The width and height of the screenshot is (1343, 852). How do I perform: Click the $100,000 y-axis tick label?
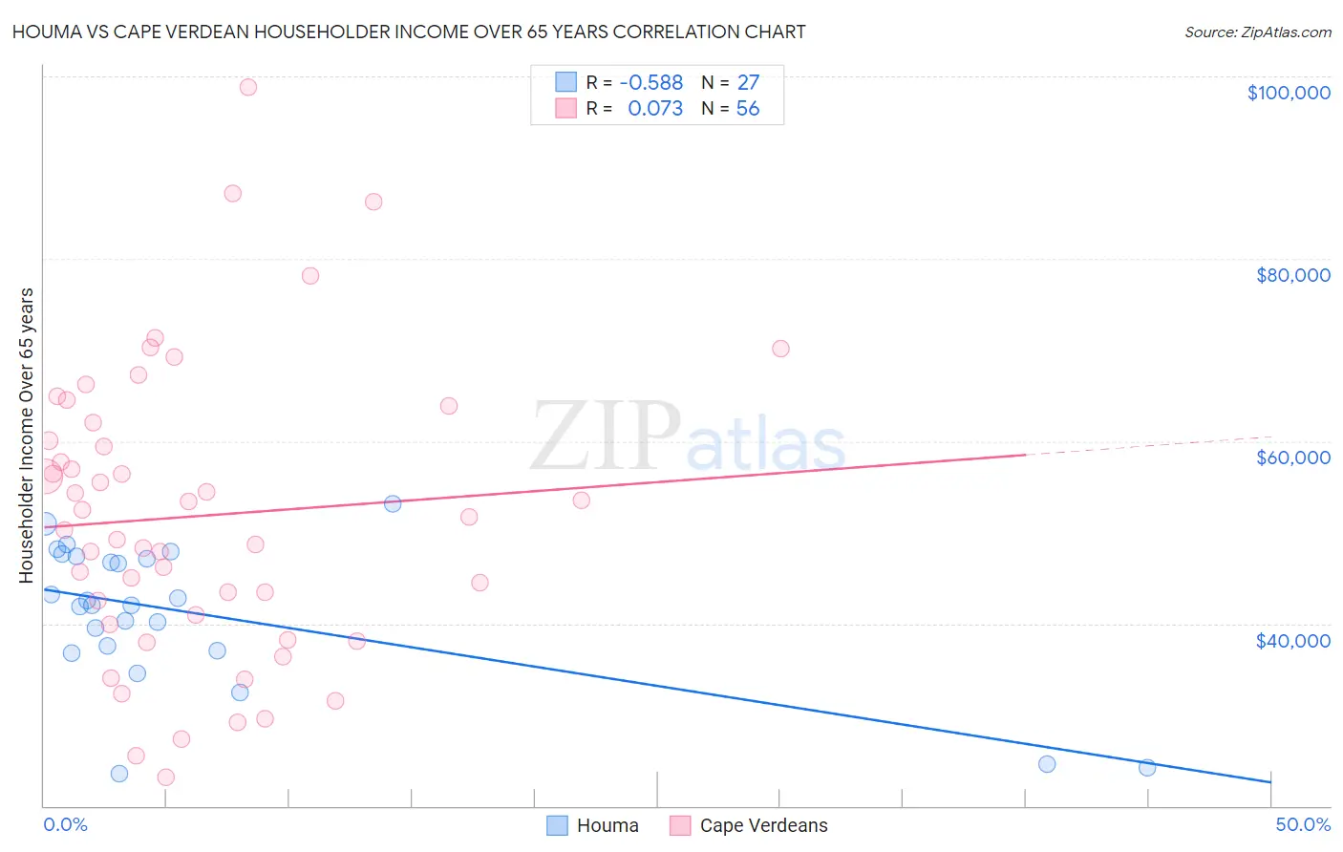[1288, 93]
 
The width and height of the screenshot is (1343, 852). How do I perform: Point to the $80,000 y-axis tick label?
[1292, 275]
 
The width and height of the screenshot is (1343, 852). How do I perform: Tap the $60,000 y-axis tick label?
[1292, 458]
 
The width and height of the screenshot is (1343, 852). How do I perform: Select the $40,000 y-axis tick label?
[1292, 641]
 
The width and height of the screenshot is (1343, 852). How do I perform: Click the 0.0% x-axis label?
[65, 824]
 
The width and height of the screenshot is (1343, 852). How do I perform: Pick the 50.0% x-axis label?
[1302, 824]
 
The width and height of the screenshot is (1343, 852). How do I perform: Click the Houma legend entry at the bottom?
[593, 825]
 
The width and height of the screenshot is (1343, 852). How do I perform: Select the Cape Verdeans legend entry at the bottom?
[749, 825]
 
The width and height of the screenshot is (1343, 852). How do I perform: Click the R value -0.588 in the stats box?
[650, 83]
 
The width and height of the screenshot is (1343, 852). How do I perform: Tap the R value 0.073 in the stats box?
[654, 109]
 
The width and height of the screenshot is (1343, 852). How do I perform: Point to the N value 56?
[747, 109]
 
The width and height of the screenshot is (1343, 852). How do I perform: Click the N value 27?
[747, 83]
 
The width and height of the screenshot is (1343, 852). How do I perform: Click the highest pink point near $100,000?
[247, 87]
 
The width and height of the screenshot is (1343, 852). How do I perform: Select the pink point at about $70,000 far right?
[780, 349]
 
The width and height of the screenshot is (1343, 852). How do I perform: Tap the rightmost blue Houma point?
[1147, 767]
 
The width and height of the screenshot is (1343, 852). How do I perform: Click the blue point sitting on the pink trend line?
[392, 503]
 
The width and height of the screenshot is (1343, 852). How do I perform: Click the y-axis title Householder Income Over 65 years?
[26, 435]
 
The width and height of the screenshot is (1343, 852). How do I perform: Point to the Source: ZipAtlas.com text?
[1257, 32]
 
